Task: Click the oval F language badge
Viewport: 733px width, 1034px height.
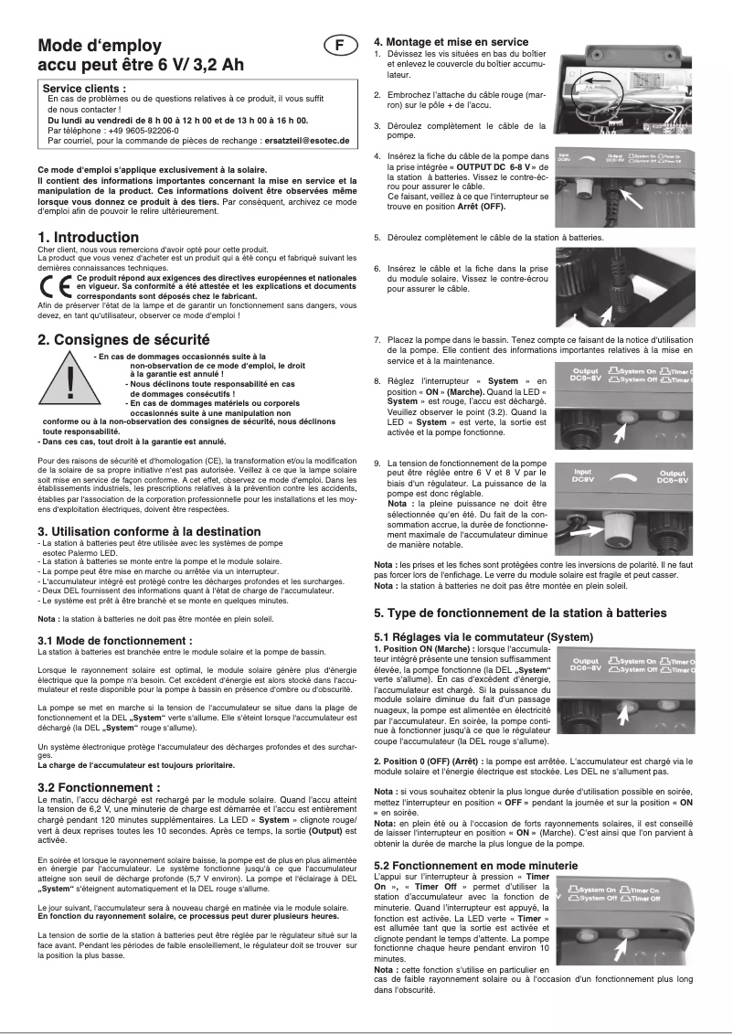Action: pyautogui.click(x=339, y=45)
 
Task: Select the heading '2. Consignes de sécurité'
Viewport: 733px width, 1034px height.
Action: pyautogui.click(x=123, y=339)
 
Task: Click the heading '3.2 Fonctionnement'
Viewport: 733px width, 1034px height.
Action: pyautogui.click(x=99, y=787)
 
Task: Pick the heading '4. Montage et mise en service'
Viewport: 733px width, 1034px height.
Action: pyautogui.click(x=451, y=42)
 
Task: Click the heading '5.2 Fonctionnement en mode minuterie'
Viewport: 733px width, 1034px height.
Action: pyautogui.click(x=475, y=865)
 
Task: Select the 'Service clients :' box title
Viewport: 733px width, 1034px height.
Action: pyautogui.click(x=85, y=88)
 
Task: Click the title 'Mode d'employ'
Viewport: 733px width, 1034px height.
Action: pyautogui.click(x=100, y=46)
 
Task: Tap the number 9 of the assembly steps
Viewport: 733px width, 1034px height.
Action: pyautogui.click(x=377, y=464)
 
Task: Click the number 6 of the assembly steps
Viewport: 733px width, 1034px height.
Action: pyautogui.click(x=377, y=269)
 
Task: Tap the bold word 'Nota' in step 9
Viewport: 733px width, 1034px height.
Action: pyautogui.click(x=398, y=504)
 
